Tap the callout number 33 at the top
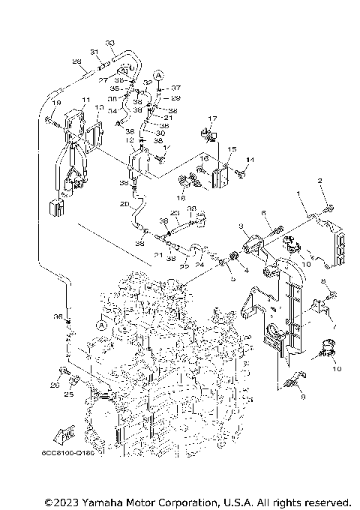110,43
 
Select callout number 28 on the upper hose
76,61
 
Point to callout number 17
212,118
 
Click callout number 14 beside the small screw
251,160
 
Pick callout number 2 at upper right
319,181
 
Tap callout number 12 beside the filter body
130,140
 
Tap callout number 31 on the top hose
94,52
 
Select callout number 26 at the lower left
54,385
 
